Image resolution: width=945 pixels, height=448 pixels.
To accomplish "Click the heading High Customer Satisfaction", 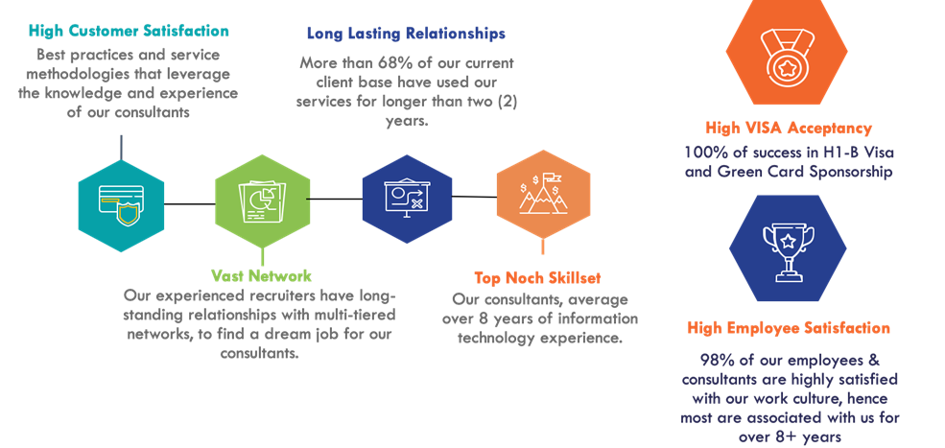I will pos(129,32).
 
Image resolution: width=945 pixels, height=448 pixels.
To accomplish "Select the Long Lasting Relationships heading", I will pos(406,34).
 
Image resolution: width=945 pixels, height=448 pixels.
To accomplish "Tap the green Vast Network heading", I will pos(261,276).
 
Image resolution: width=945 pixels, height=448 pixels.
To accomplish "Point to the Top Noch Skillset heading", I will pos(537,278).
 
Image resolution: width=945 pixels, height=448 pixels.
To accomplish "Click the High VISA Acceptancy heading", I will pos(789,128).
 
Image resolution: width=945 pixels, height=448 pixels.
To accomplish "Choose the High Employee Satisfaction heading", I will pos(789,328).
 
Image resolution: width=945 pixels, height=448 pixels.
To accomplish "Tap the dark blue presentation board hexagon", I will pos(406,196).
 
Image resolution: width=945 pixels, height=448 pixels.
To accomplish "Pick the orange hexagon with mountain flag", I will pos(543,196).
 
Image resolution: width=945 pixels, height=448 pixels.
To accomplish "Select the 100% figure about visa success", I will pos(703,153).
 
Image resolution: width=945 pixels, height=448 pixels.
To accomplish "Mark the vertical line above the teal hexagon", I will pos(121,147).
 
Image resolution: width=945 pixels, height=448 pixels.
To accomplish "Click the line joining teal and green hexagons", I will pos(189,202).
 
